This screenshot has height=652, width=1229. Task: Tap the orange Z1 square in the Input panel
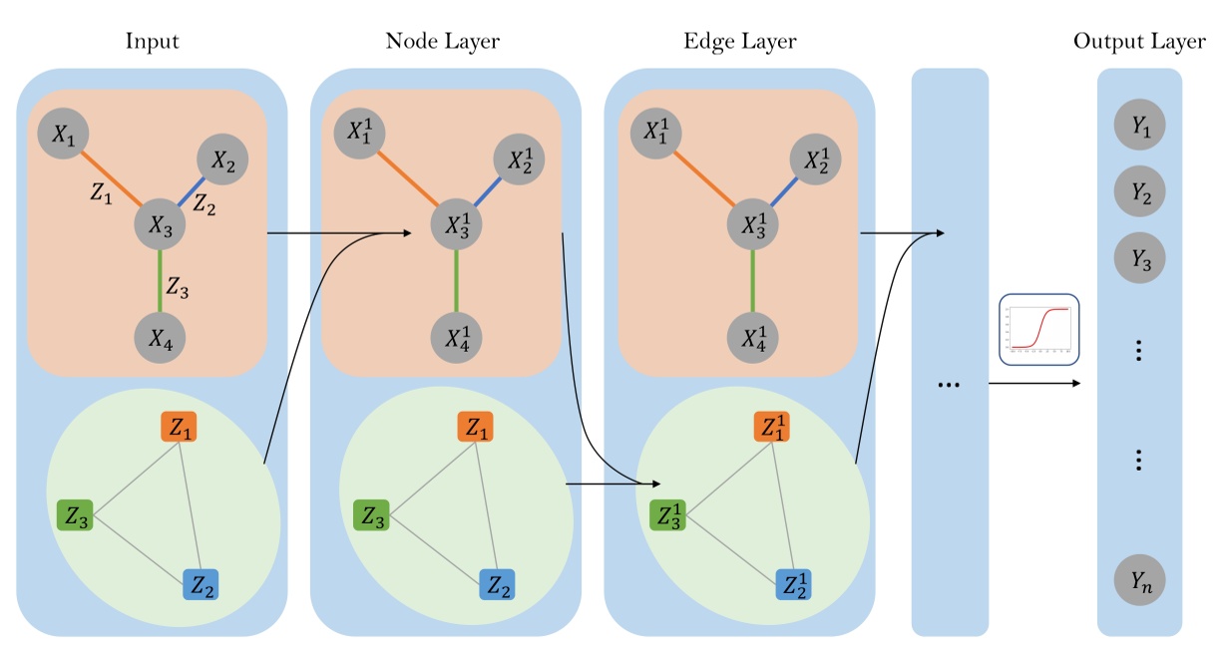click(181, 429)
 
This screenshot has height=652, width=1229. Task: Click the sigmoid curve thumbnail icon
click(1039, 329)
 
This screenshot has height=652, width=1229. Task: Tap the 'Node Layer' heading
click(442, 42)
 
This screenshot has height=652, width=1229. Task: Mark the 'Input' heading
click(153, 42)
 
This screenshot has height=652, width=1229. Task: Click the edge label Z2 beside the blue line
click(204, 205)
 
